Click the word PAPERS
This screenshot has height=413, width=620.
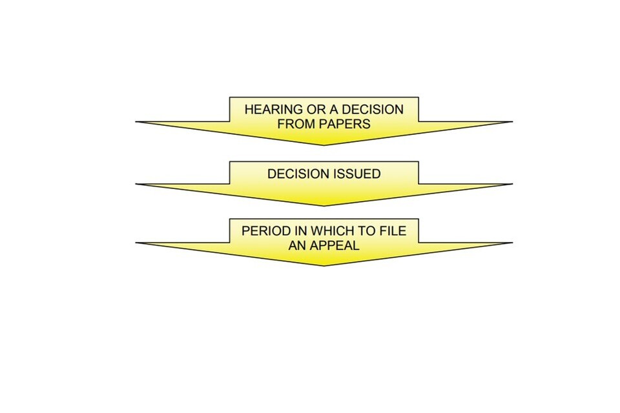pos(345,124)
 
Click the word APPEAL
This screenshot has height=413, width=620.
pos(337,245)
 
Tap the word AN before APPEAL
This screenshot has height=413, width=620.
pos(298,245)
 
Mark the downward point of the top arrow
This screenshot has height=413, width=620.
pos(324,145)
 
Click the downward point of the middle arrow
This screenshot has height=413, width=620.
pos(324,206)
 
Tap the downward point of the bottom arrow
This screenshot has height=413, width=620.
pos(324,265)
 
